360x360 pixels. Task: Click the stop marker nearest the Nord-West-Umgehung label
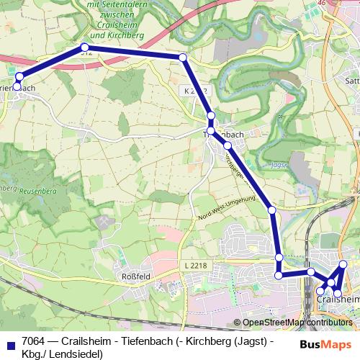[x=271, y=210]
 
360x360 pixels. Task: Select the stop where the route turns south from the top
[x=183, y=57]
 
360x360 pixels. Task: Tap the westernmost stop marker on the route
[x=17, y=86]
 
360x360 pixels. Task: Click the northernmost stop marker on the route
[x=83, y=48]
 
